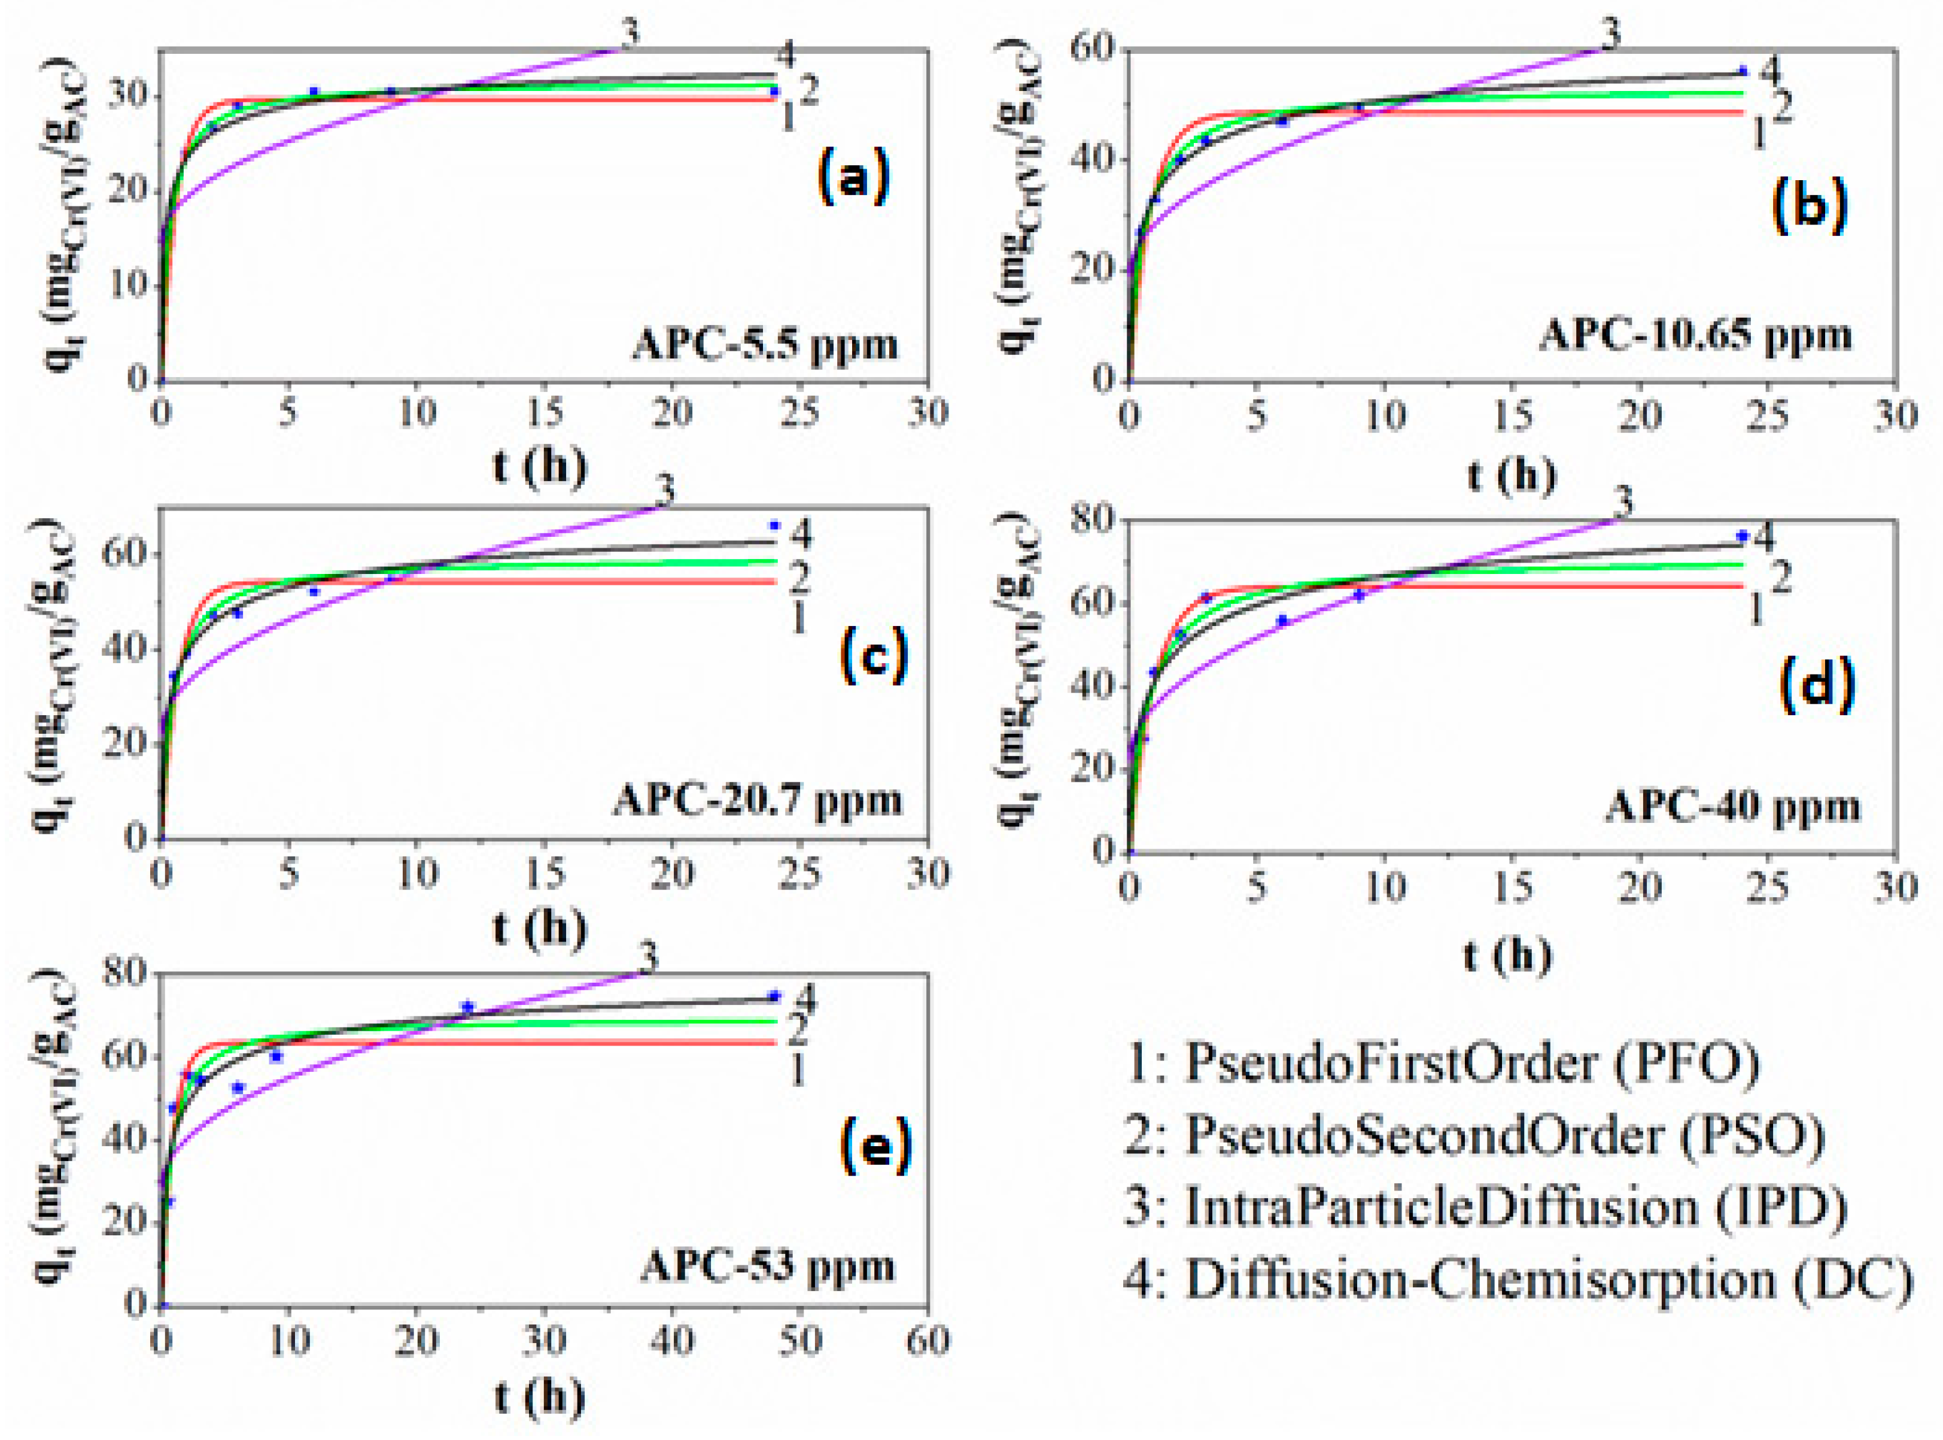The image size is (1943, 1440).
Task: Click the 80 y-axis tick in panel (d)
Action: pyautogui.click(x=1093, y=520)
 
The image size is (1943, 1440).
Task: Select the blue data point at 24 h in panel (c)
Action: pyautogui.click(x=773, y=525)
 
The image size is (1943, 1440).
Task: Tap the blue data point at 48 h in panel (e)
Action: pyautogui.click(x=773, y=995)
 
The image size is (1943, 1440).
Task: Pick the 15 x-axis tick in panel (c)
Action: pyautogui.click(x=544, y=873)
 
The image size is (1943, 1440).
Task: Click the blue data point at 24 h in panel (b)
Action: pyautogui.click(x=1743, y=71)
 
